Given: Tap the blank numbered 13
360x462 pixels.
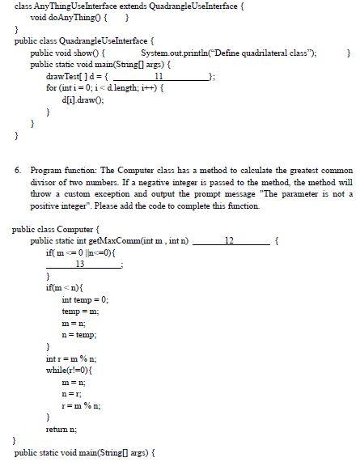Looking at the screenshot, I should (79, 264).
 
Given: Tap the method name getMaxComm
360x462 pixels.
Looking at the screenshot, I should (122, 241).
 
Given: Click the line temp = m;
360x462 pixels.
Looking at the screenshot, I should (78, 311).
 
